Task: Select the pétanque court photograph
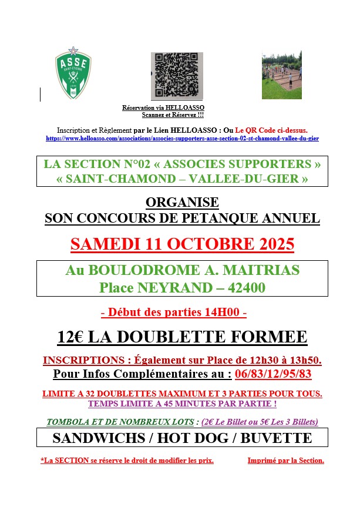coord(281,75)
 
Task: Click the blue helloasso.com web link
coord(182,139)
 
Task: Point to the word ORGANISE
coord(182,203)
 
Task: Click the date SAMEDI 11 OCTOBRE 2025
coord(182,244)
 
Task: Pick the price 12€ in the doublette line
coord(71,337)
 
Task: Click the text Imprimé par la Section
coord(285,461)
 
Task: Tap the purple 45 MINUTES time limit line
coord(182,404)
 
